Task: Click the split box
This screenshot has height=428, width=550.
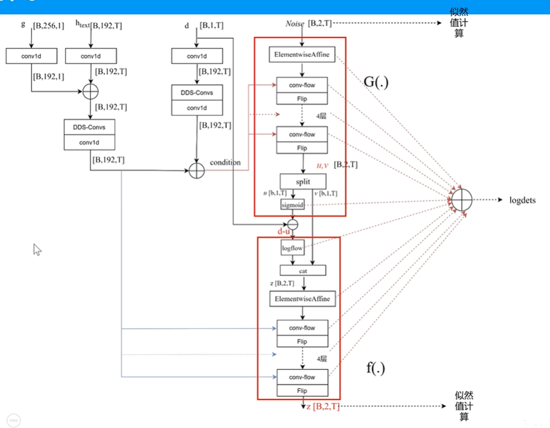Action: click(x=302, y=182)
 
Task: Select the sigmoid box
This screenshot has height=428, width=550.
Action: click(x=292, y=205)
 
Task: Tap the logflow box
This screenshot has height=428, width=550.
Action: click(x=292, y=247)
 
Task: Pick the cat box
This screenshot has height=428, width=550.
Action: click(x=303, y=270)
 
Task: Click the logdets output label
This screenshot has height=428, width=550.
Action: click(x=522, y=200)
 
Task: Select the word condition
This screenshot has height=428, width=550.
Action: click(x=226, y=163)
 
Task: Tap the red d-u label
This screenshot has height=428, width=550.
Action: click(x=284, y=230)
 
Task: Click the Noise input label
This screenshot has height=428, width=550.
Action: click(x=296, y=24)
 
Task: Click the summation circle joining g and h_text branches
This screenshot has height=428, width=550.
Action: click(x=90, y=91)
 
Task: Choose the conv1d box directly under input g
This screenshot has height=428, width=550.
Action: click(x=31, y=56)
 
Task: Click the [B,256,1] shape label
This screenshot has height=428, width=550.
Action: click(x=49, y=26)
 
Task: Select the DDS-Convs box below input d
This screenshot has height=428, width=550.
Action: click(x=197, y=93)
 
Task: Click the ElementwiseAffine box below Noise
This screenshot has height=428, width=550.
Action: click(x=302, y=55)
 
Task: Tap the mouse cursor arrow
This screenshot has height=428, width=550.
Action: click(x=37, y=249)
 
